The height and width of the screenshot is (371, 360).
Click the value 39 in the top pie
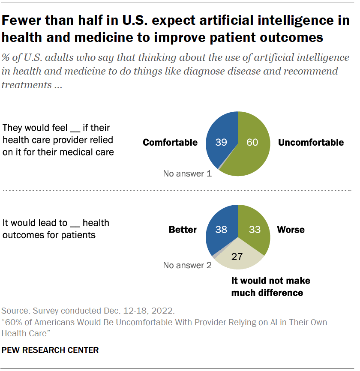click(x=221, y=143)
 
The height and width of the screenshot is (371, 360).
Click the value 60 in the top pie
click(x=252, y=143)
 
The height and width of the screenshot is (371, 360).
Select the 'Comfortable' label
click(x=170, y=143)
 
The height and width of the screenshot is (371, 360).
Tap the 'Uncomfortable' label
click(x=311, y=143)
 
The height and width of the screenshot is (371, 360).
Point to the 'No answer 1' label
click(x=187, y=174)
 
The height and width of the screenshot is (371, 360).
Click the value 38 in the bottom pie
click(x=221, y=230)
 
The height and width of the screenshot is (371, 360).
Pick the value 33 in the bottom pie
click(x=255, y=230)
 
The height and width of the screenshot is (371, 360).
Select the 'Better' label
click(x=183, y=230)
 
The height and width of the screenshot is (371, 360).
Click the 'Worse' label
click(x=291, y=230)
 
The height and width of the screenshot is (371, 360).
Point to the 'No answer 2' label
click(x=187, y=265)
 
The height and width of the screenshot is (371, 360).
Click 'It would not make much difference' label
click(x=270, y=287)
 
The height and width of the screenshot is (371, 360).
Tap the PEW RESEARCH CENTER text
click(x=50, y=350)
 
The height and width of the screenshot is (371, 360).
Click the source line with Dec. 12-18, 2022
click(x=88, y=311)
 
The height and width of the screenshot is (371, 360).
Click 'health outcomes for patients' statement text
click(x=49, y=235)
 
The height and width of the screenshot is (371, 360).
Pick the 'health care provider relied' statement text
click(x=56, y=140)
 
